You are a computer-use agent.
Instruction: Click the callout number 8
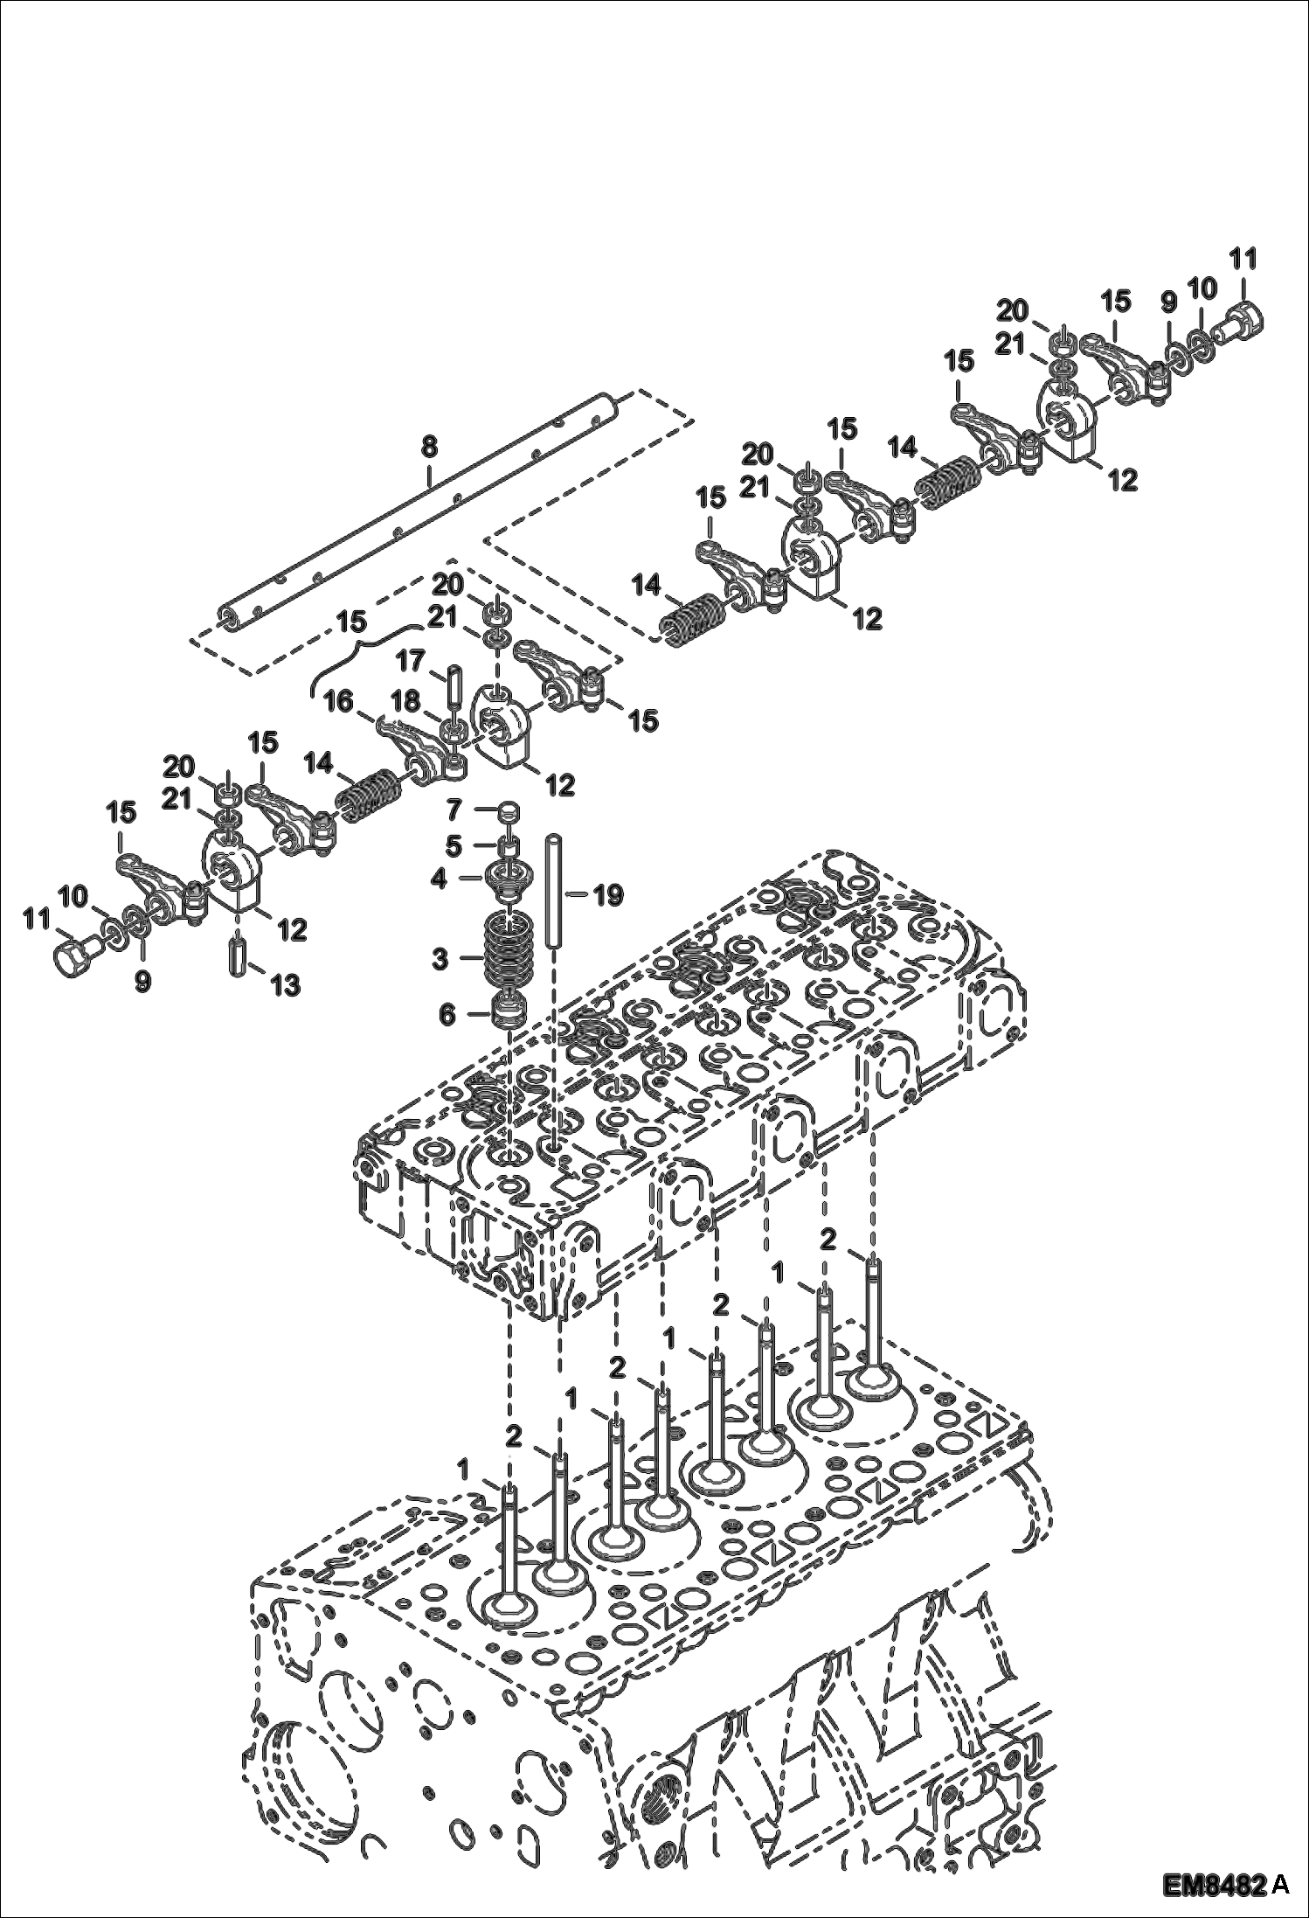click(428, 446)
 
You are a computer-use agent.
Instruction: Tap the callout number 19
click(608, 894)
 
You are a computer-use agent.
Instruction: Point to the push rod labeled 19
click(553, 892)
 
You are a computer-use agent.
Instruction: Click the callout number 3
click(439, 959)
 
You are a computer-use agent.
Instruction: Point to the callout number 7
click(453, 811)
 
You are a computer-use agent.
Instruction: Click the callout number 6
click(447, 1014)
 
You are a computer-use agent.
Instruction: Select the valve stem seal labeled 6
click(507, 1012)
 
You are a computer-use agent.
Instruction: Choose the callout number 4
click(439, 878)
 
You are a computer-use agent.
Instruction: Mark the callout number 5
click(453, 845)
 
